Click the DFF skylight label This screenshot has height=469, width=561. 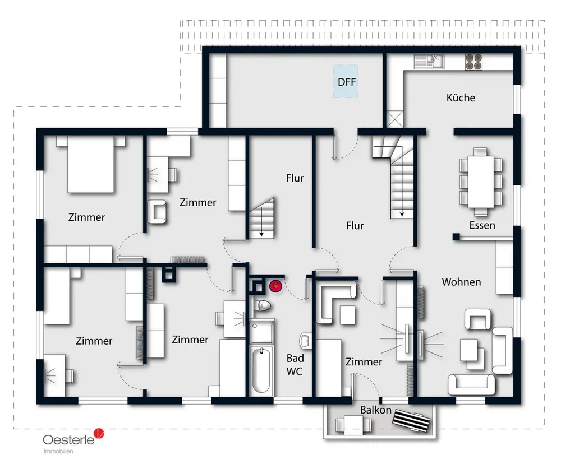coord(347,82)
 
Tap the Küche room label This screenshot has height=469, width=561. coord(461,97)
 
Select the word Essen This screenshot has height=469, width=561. coord(482,225)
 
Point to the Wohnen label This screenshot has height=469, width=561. coord(461,281)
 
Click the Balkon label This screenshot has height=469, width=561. coord(376,410)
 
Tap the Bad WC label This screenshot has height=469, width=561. coord(295,364)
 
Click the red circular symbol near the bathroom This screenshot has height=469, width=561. coord(275,287)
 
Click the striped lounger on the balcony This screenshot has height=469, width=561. coord(414,419)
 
